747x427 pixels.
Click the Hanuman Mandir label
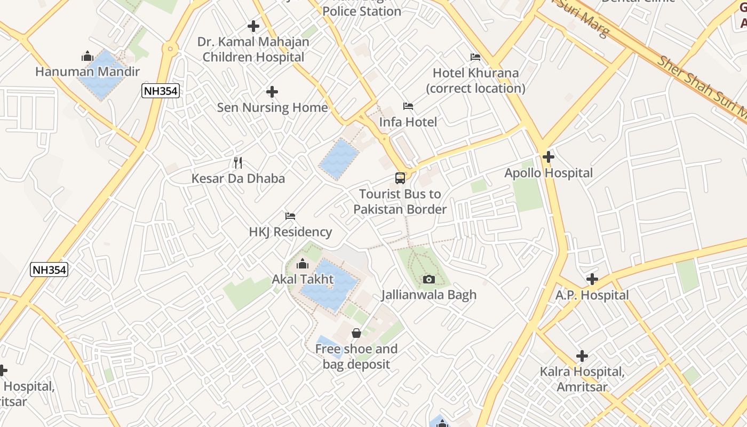[88, 72]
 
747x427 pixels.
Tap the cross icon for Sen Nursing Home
[272, 92]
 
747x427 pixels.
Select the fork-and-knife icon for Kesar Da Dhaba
[238, 163]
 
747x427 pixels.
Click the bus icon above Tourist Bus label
[400, 178]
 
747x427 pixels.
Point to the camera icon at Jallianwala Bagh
[428, 279]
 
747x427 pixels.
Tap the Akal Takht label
[303, 279]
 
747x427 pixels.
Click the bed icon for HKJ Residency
[290, 216]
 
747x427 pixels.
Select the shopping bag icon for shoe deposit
[356, 334]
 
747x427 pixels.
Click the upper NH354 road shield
[160, 91]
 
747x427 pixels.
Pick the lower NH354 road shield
[49, 270]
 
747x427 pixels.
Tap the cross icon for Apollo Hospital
[548, 157]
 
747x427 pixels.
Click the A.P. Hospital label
[592, 295]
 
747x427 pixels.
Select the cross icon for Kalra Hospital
[582, 355]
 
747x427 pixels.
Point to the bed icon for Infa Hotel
[408, 106]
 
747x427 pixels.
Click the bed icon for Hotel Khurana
[475, 57]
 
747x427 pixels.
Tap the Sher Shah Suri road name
[699, 85]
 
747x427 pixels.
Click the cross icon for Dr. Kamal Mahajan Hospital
[253, 26]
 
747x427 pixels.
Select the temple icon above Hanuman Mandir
[88, 56]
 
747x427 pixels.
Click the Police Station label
[362, 11]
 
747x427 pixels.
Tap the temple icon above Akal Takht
[303, 264]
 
